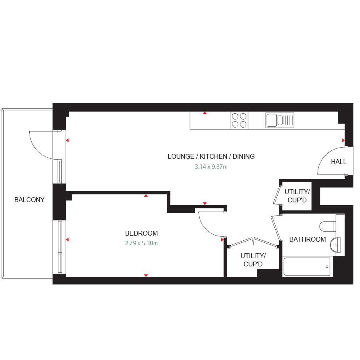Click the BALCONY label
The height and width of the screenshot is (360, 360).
pyautogui.click(x=29, y=200)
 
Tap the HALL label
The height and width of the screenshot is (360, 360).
pyautogui.click(x=338, y=162)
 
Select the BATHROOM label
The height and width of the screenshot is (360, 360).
pyautogui.click(x=307, y=239)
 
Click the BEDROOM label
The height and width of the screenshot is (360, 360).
pyautogui.click(x=141, y=233)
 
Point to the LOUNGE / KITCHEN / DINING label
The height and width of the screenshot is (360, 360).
pyautogui.click(x=211, y=156)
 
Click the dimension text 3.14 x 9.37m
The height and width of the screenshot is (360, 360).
pyautogui.click(x=211, y=167)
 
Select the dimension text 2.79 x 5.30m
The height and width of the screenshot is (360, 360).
pyautogui.click(x=141, y=243)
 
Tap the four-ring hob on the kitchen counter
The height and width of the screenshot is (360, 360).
pyautogui.click(x=239, y=120)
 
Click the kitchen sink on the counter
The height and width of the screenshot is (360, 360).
pyautogui.click(x=279, y=120)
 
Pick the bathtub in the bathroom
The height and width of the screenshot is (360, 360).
pyautogui.click(x=307, y=266)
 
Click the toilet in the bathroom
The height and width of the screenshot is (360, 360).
pyautogui.click(x=328, y=226)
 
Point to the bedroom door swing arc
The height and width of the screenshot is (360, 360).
pyautogui.click(x=210, y=226)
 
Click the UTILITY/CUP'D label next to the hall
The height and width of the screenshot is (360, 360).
pyautogui.click(x=297, y=195)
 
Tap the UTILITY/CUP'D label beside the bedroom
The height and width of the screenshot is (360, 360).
pyautogui.click(x=253, y=260)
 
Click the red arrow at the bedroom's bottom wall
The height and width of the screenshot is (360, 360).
pyautogui.click(x=146, y=276)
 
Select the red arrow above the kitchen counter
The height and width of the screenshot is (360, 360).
pyautogui.click(x=205, y=113)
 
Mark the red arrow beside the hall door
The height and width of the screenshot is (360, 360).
pyautogui.click(x=343, y=140)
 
